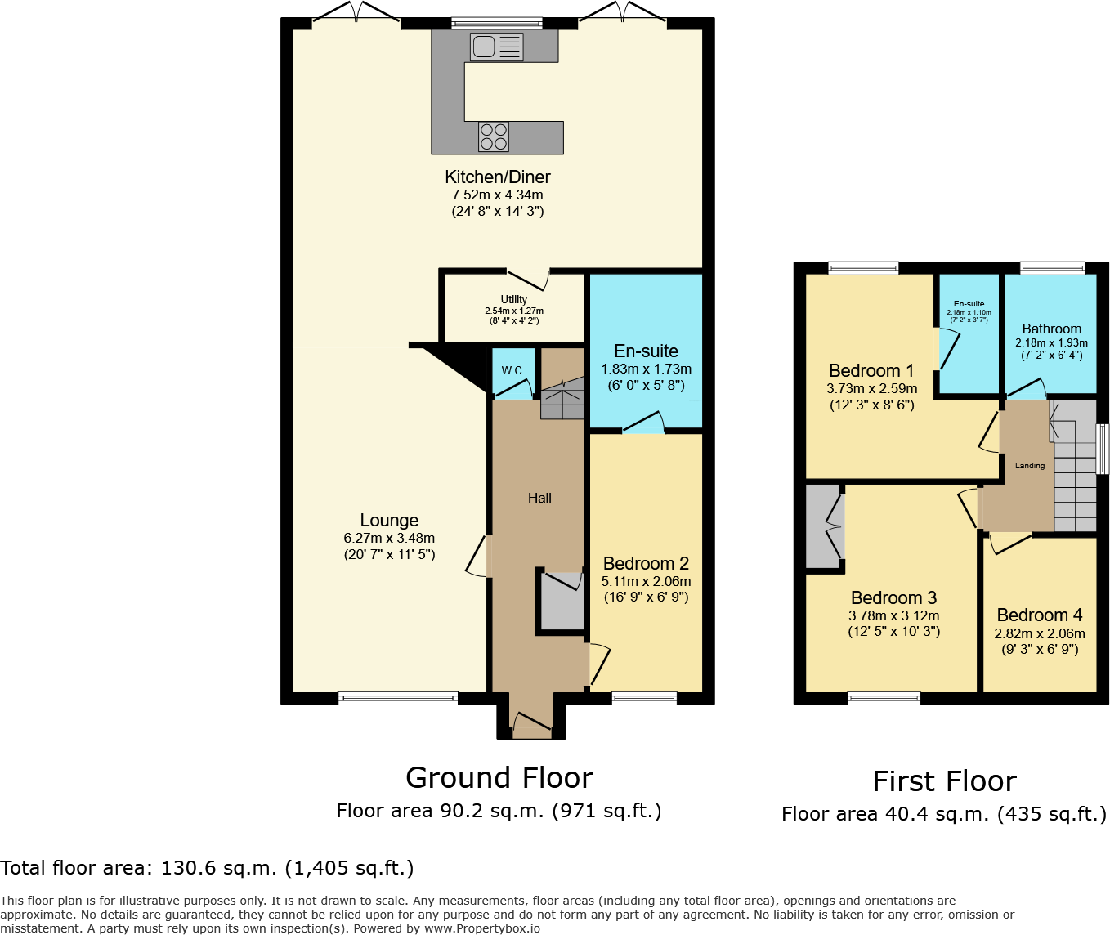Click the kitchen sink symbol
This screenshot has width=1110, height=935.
point(496,47)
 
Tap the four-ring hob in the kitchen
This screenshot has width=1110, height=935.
point(494,136)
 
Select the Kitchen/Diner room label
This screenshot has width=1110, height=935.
point(497,177)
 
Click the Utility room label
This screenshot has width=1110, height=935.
point(514,299)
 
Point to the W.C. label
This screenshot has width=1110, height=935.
point(513,370)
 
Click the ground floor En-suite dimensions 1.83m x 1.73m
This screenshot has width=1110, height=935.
point(646,369)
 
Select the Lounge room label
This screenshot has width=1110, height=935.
point(389,521)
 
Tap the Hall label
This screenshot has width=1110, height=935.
point(539,498)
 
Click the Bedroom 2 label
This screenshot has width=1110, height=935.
point(646,564)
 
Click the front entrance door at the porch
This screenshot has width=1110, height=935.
point(531,723)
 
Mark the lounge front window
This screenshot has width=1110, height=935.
point(398,698)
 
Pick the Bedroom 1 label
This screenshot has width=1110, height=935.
point(871,371)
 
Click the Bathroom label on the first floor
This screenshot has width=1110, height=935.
point(1051,329)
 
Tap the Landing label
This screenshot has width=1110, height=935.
point(1030,466)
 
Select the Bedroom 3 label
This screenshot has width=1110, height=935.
point(893,598)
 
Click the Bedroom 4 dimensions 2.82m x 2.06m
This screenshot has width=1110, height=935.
point(1040,633)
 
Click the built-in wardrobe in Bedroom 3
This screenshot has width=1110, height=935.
point(824,527)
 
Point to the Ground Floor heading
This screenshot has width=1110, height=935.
point(499,777)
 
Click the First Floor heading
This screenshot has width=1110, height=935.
point(944,781)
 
